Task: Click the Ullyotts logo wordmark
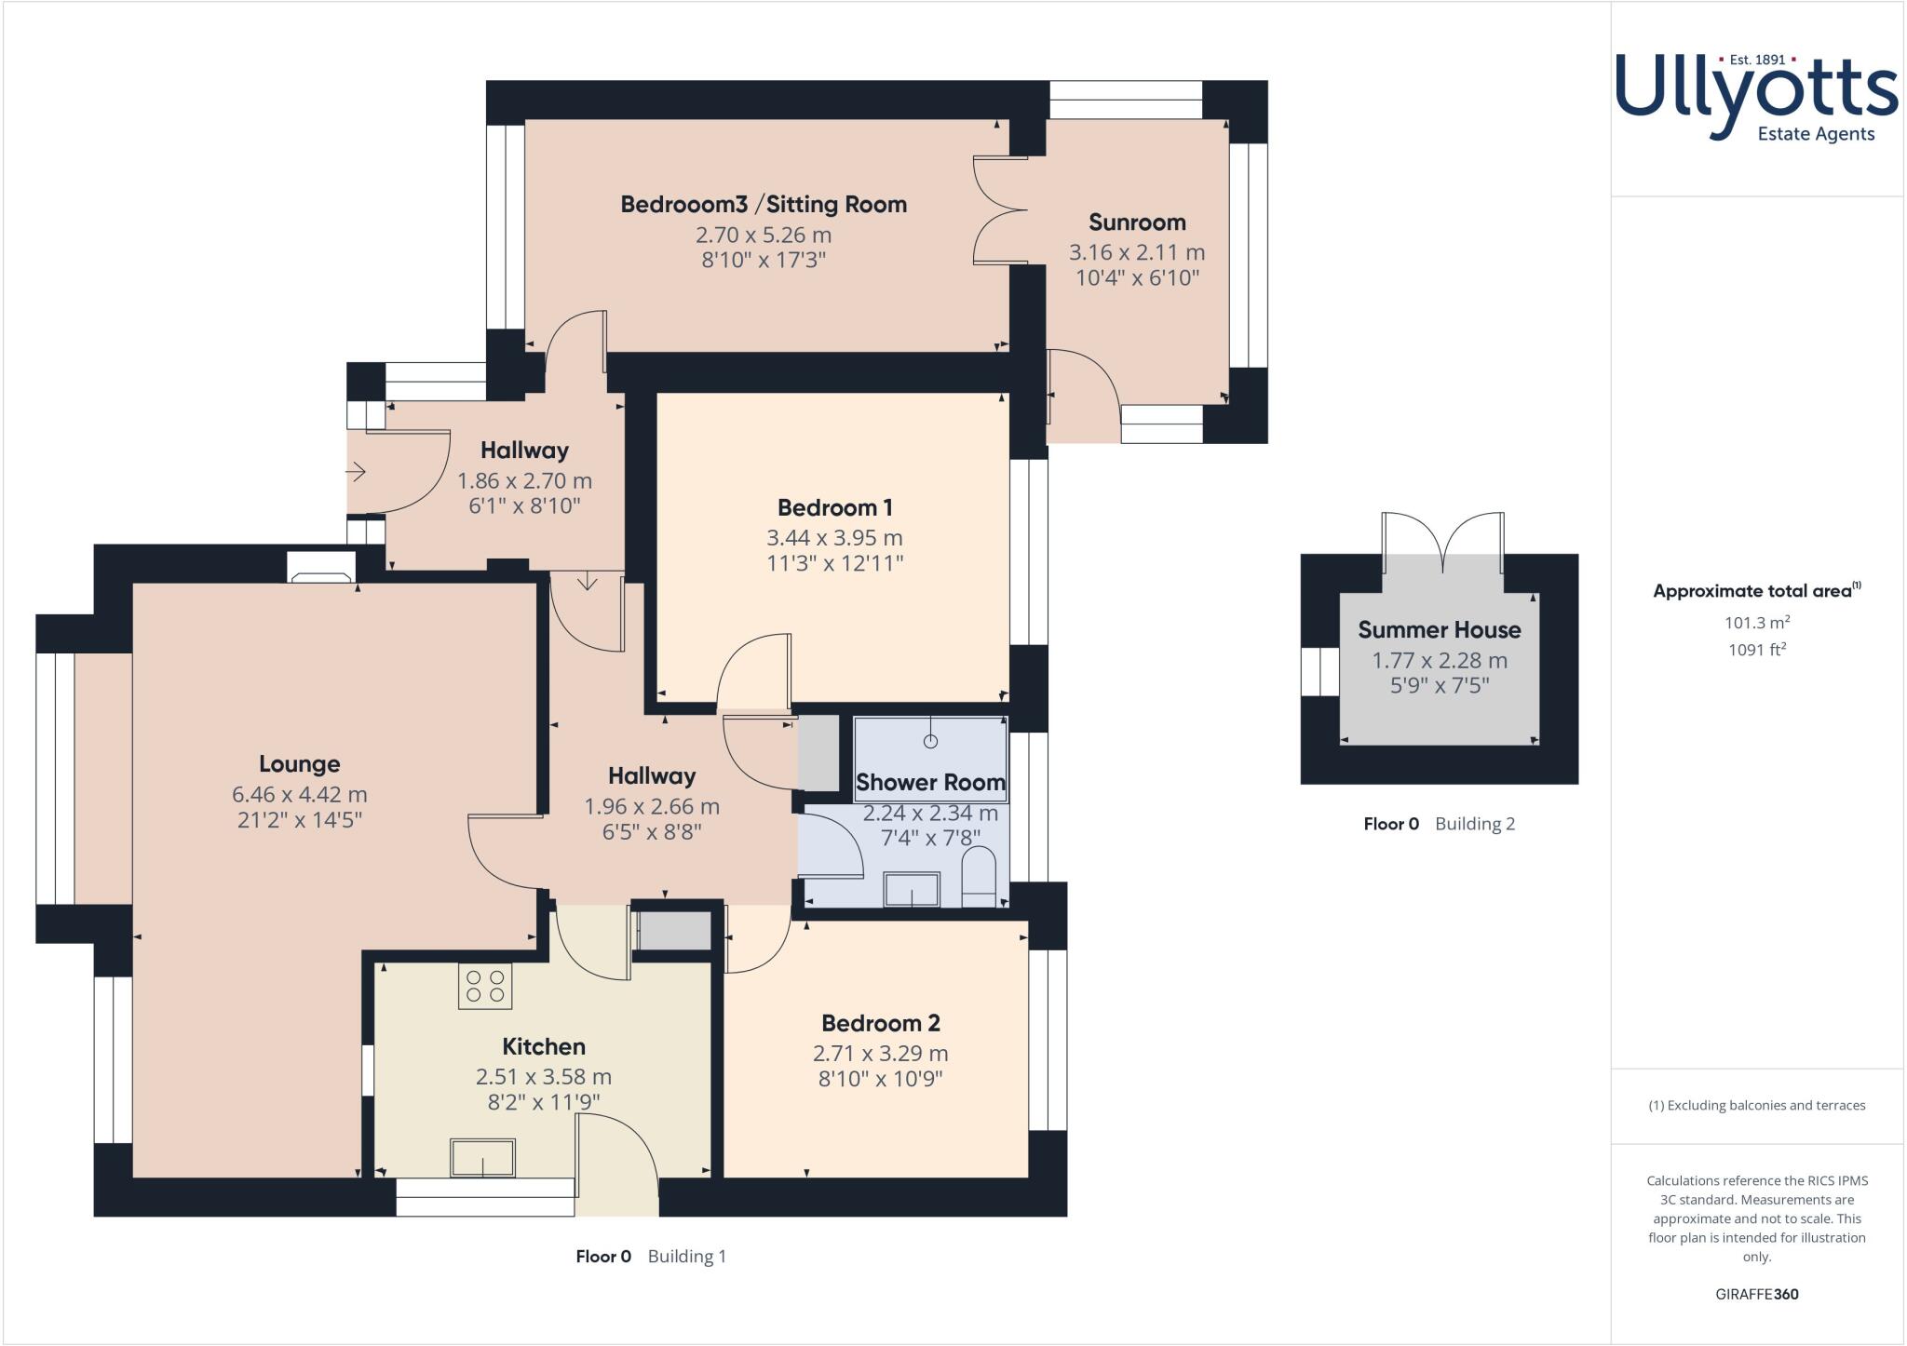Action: (1756, 96)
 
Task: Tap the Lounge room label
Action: (299, 764)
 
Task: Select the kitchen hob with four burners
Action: (485, 987)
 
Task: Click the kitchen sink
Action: (482, 1157)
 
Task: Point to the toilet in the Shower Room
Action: (979, 877)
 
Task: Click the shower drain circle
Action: (930, 741)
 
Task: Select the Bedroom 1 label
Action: (835, 507)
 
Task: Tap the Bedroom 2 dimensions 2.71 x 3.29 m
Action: (881, 1054)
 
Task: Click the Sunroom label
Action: (1137, 222)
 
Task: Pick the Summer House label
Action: (1440, 629)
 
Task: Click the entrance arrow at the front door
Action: (357, 472)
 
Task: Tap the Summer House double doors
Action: (1442, 541)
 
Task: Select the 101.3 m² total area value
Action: (1757, 623)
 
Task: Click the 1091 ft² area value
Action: (1757, 650)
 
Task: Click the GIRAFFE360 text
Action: (1757, 1294)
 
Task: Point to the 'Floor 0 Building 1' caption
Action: (651, 1257)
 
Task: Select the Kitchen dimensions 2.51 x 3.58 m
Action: (544, 1077)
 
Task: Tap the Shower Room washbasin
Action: (912, 889)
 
